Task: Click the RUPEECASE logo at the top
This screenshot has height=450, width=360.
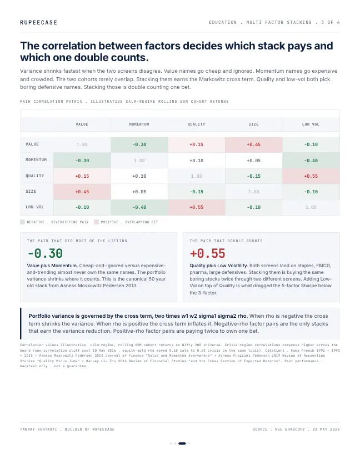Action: (38, 22)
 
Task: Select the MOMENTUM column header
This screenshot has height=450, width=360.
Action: (139, 124)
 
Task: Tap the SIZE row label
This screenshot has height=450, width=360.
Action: (31, 192)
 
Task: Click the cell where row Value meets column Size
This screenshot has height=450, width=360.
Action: (253, 144)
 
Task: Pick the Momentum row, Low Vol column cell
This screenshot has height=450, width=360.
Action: (311, 161)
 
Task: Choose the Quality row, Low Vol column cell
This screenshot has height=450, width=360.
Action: (311, 176)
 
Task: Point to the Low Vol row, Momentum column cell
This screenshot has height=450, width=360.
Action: (139, 207)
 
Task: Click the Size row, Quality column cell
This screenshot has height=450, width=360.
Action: (196, 192)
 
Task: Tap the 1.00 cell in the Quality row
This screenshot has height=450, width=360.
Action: (196, 176)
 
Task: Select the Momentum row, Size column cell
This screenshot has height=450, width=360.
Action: (253, 161)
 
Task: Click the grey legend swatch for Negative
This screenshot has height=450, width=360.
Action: (22, 222)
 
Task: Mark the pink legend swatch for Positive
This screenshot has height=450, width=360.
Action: (96, 222)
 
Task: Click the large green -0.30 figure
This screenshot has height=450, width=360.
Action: (45, 253)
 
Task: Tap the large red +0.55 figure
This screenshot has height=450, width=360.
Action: (208, 253)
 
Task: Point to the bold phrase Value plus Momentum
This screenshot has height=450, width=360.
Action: (52, 266)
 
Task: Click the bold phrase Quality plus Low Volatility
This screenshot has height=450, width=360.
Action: (218, 266)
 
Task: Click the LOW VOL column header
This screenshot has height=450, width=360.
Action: (311, 124)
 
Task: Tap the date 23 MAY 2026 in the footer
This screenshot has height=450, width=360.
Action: (326, 429)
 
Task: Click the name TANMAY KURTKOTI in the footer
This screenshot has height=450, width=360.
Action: (38, 429)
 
